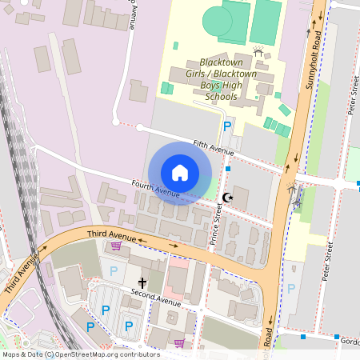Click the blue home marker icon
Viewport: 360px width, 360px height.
180,172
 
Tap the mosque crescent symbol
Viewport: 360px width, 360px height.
229,197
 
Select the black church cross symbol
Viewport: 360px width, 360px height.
142,282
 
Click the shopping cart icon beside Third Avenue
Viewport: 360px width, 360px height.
116,246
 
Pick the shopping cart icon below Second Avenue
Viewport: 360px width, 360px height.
179,343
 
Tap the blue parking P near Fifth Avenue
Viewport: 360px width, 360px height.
227,126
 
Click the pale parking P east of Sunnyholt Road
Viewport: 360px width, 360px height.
291,288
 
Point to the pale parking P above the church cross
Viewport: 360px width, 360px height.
114,271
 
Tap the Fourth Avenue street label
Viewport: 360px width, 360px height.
155,190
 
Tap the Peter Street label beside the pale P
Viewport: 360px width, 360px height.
327,263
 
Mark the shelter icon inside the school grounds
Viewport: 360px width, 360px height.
258,51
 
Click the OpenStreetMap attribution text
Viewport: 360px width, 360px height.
80,354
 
